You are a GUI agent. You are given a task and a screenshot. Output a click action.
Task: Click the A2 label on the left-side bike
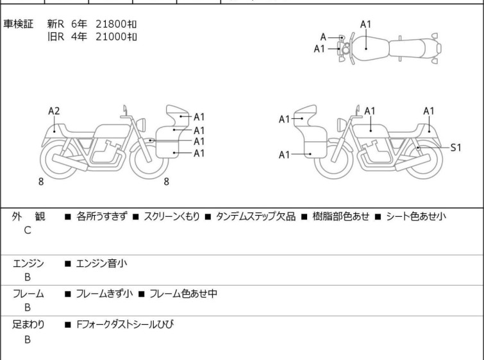pyautogui.click(x=54, y=111)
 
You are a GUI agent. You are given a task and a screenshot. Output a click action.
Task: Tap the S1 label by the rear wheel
pyautogui.click(x=456, y=148)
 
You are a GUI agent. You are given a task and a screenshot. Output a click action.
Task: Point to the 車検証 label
pyautogui.click(x=18, y=24)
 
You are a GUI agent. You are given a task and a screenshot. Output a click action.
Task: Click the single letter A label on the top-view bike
pyautogui.click(x=323, y=37)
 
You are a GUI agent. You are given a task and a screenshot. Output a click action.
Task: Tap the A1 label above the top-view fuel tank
pyautogui.click(x=365, y=24)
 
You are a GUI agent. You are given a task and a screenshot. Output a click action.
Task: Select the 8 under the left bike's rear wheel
pyautogui.click(x=41, y=182)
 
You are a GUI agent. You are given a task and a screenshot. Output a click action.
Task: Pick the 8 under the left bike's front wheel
pyautogui.click(x=167, y=182)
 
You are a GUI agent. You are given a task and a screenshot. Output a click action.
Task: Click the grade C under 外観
pyautogui.click(x=28, y=230)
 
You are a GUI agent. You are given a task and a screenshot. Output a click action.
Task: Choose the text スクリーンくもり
pyautogui.click(x=172, y=216)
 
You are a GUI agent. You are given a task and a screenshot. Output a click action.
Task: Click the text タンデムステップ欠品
pyautogui.click(x=256, y=216)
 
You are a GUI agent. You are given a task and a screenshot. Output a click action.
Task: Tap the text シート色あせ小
pyautogui.click(x=416, y=216)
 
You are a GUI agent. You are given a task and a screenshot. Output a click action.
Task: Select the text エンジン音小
pyautogui.click(x=101, y=264)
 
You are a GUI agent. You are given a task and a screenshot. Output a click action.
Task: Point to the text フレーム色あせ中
pyautogui.click(x=183, y=293)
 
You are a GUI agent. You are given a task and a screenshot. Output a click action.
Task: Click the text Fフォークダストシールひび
pyautogui.click(x=125, y=325)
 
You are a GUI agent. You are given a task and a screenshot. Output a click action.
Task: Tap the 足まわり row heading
pyautogui.click(x=28, y=325)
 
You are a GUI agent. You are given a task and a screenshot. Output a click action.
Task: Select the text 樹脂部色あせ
pyautogui.click(x=341, y=216)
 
